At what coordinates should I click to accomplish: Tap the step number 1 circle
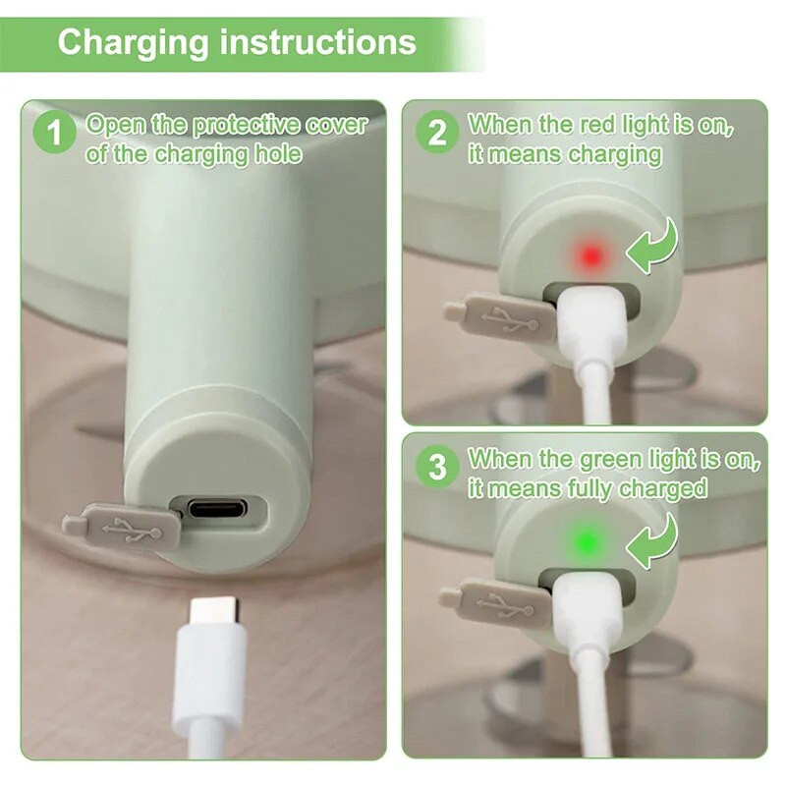coord(54,133)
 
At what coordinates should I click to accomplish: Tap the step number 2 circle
coord(436,132)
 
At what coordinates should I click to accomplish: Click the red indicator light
coord(590,256)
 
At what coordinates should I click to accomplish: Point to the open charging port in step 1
coord(218,509)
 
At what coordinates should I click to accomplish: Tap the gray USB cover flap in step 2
coord(501,316)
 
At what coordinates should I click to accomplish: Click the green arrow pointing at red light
coord(652,246)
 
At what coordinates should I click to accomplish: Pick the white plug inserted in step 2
coord(593,324)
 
